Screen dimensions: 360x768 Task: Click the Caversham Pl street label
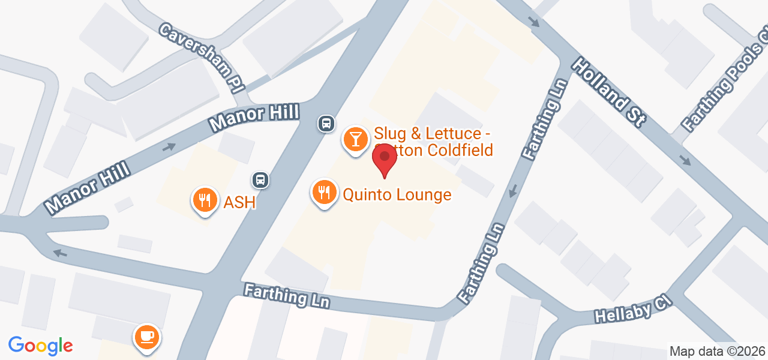pyautogui.click(x=203, y=57)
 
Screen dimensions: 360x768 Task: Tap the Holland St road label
pyautogui.click(x=608, y=91)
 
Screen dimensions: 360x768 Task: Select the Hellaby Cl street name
pyautogui.click(x=632, y=308)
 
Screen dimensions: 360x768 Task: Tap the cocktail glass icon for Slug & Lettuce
pyautogui.click(x=356, y=139)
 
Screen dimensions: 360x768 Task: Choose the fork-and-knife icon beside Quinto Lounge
pyautogui.click(x=325, y=192)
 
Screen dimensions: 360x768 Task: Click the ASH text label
pyautogui.click(x=239, y=203)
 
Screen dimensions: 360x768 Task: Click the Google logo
pyautogui.click(x=40, y=346)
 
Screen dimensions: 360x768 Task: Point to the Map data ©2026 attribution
pyautogui.click(x=717, y=352)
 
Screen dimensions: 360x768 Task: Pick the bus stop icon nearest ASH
pyautogui.click(x=260, y=179)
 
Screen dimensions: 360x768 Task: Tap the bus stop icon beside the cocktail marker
pyautogui.click(x=326, y=124)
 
